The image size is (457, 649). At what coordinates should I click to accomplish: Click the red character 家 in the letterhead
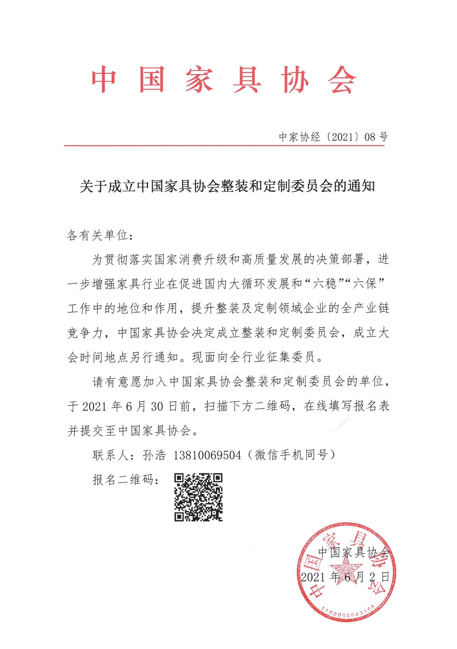pos(200,80)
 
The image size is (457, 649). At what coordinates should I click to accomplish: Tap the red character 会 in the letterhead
pos(342,80)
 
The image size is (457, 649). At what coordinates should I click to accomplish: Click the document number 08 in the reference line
pos(370,137)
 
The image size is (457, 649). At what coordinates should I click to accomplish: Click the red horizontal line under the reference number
pos(224,146)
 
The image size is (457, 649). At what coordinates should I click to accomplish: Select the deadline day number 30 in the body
pos(157,407)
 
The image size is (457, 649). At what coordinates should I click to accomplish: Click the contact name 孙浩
pos(154,455)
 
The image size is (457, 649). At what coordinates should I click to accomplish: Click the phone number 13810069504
pos(207,456)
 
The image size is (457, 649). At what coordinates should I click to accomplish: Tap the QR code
pos(198,497)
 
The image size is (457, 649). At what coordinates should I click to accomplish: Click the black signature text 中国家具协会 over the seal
pos(353,552)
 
